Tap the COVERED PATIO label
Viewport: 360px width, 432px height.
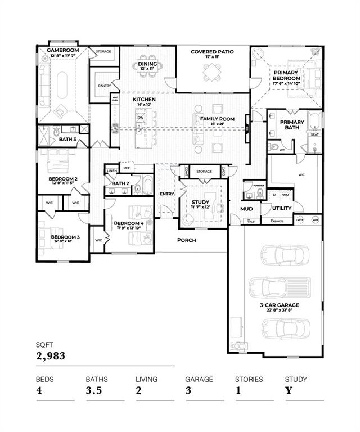click(x=212, y=52)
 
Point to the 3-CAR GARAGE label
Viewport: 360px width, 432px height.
click(x=279, y=305)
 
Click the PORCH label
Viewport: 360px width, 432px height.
click(x=186, y=240)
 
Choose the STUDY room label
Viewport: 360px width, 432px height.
click(x=200, y=202)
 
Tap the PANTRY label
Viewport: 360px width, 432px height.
click(x=104, y=85)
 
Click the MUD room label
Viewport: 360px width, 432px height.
click(x=246, y=209)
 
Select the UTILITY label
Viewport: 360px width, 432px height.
click(x=282, y=208)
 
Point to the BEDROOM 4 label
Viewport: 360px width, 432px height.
click(x=129, y=223)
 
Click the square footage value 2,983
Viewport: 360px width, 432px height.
click(x=51, y=355)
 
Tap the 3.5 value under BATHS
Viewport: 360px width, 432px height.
click(x=95, y=391)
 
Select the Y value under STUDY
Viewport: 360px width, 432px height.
click(x=288, y=391)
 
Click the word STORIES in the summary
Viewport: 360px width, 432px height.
click(x=249, y=379)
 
